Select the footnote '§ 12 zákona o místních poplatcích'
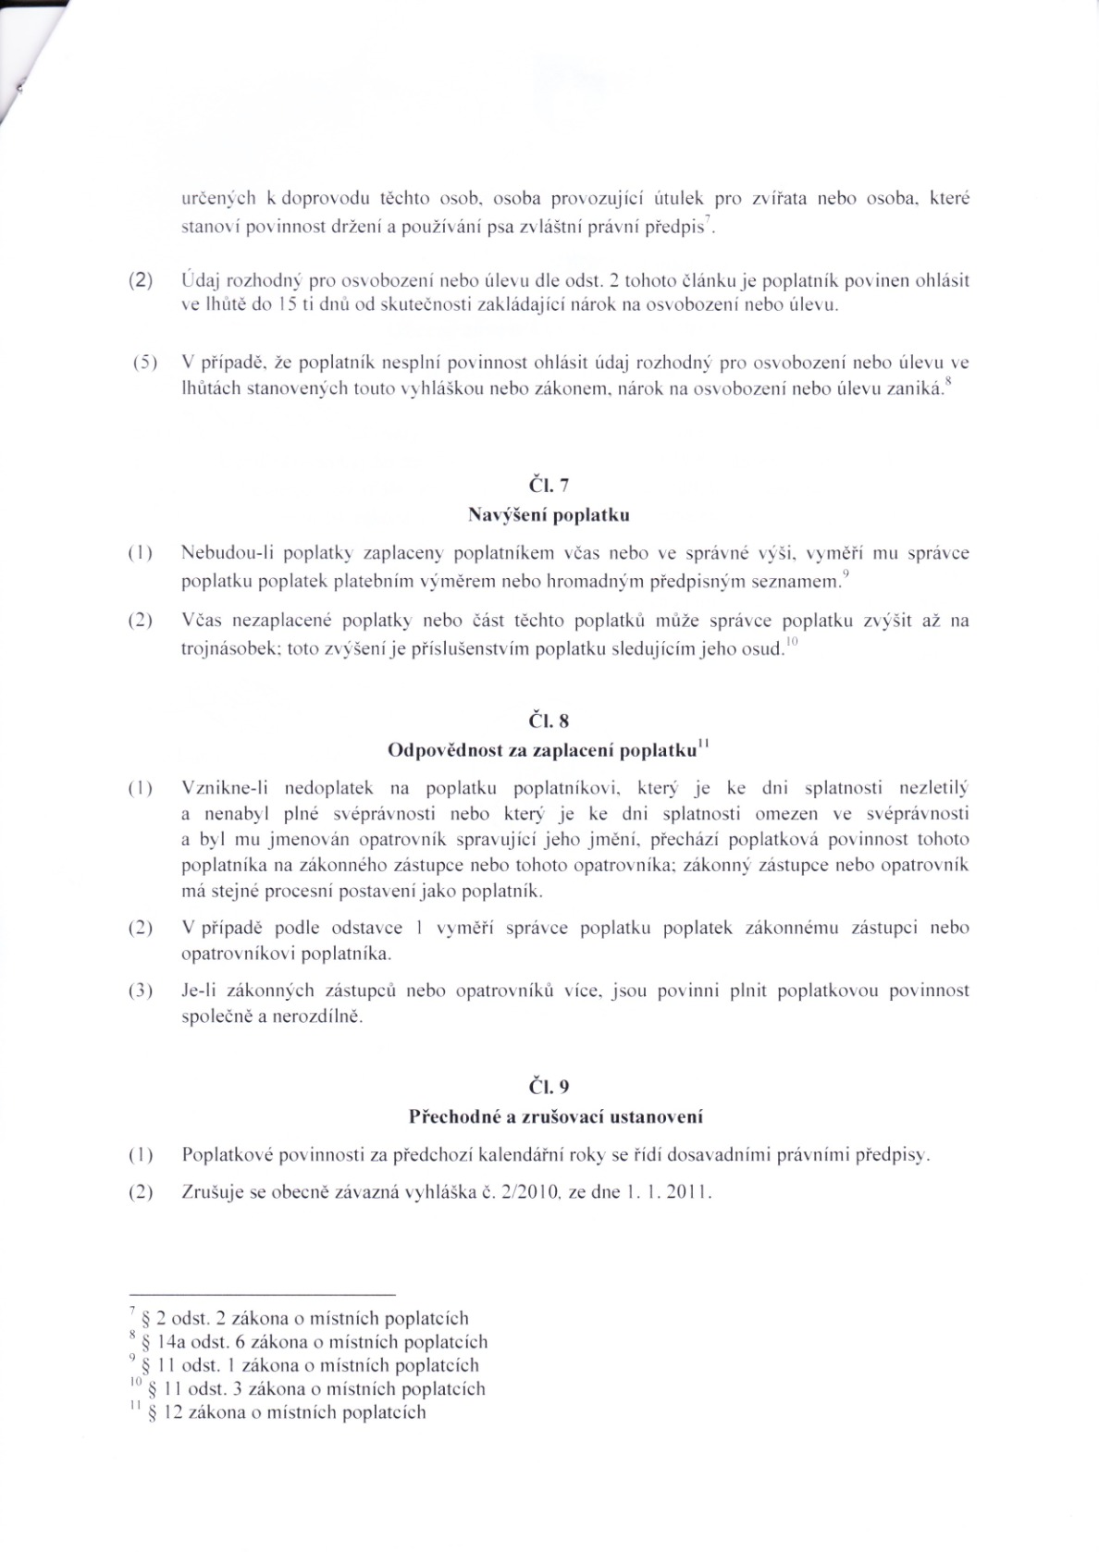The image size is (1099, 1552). coord(282,1412)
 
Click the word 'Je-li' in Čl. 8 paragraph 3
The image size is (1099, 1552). coord(199,991)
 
